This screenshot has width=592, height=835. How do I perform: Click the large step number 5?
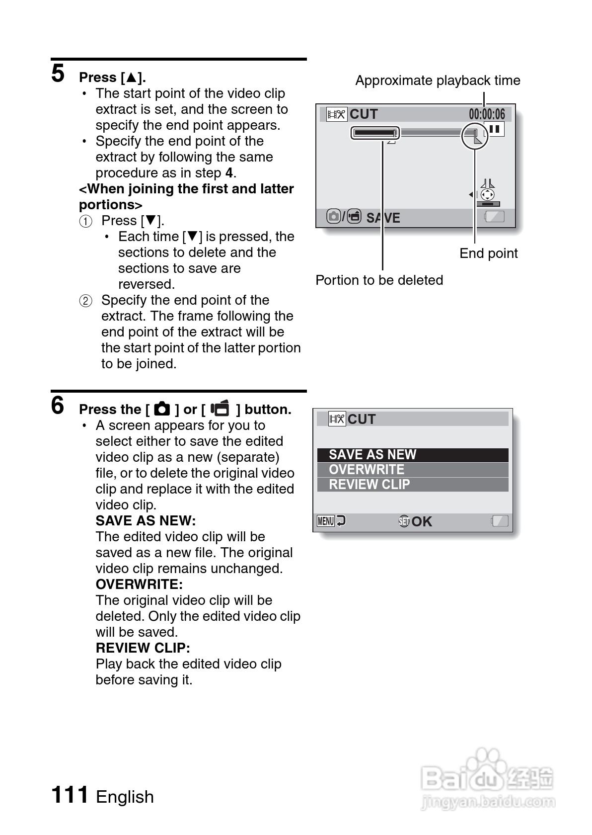(x=58, y=74)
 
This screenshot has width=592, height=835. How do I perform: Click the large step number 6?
(x=58, y=406)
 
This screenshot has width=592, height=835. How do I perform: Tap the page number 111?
(x=70, y=795)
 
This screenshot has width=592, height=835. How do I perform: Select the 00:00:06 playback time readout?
(x=487, y=114)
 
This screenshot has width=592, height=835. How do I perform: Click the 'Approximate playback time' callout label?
(x=438, y=81)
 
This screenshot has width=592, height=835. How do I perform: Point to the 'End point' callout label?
(x=488, y=253)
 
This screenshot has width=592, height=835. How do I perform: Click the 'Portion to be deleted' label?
(x=379, y=280)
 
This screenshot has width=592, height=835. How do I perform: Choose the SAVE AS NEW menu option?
(x=372, y=455)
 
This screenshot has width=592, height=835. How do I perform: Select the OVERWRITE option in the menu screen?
(x=367, y=470)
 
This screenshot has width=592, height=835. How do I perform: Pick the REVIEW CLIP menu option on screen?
(x=370, y=485)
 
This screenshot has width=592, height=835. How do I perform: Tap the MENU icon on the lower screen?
(x=326, y=521)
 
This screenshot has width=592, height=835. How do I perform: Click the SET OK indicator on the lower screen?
(x=415, y=521)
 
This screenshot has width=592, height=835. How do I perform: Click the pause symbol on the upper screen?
(x=495, y=129)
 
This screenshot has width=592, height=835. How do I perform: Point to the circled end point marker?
(x=475, y=136)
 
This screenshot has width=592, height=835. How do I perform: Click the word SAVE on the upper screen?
(x=383, y=218)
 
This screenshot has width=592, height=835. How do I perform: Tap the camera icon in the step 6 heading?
(x=162, y=409)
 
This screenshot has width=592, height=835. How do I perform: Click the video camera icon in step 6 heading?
(x=220, y=409)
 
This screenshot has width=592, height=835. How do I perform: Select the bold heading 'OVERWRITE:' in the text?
(x=139, y=584)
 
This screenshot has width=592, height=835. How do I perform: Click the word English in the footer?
(x=125, y=797)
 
